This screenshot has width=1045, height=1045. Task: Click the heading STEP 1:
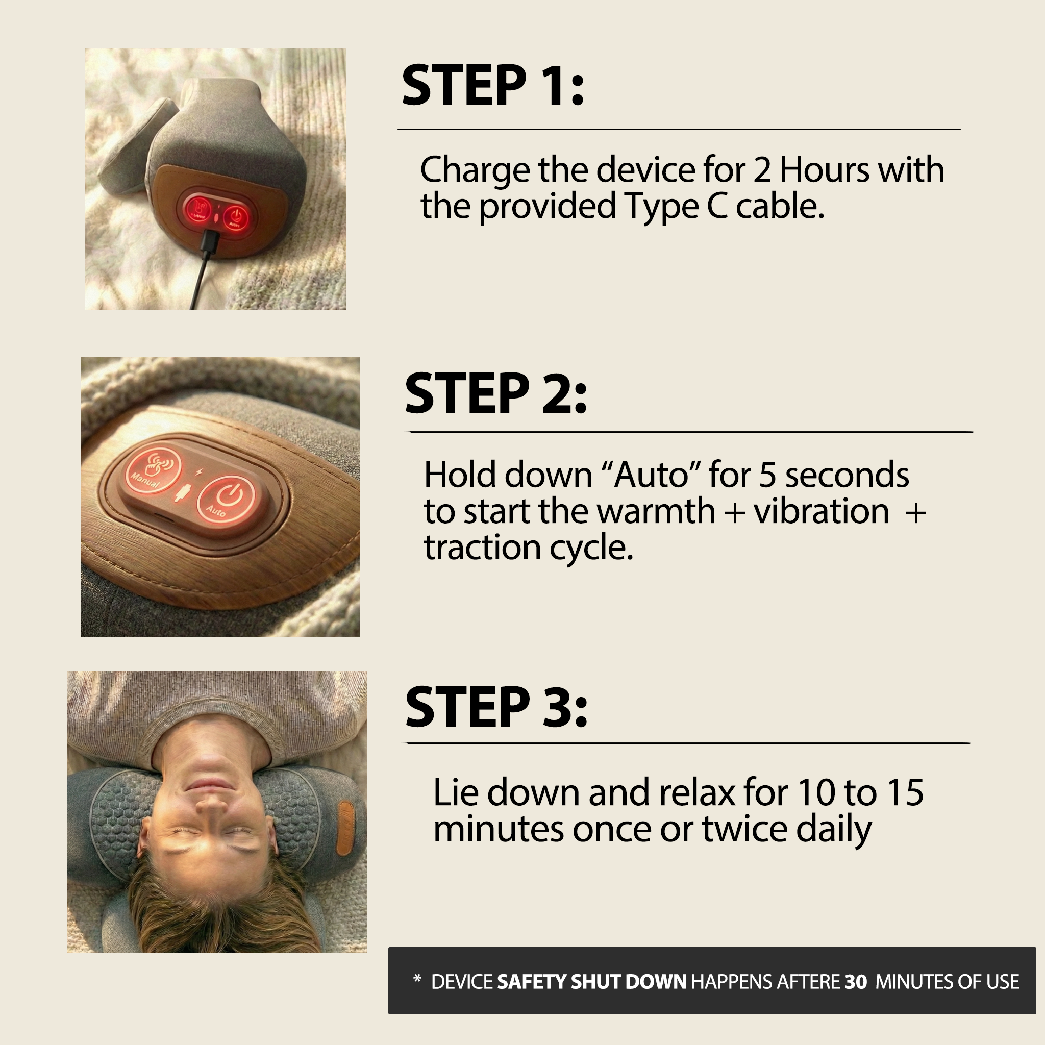[x=493, y=85]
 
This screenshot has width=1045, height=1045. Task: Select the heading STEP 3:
[x=496, y=706]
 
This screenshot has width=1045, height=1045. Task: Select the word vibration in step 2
[x=821, y=512]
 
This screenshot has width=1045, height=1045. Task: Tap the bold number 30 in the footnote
[x=856, y=982]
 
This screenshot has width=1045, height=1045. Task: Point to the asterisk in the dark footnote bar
[x=416, y=979]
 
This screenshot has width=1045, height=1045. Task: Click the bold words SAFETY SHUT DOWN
[x=591, y=982]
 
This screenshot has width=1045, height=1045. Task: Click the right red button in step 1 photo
[x=235, y=217]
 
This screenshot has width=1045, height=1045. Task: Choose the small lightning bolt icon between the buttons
[x=198, y=472]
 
